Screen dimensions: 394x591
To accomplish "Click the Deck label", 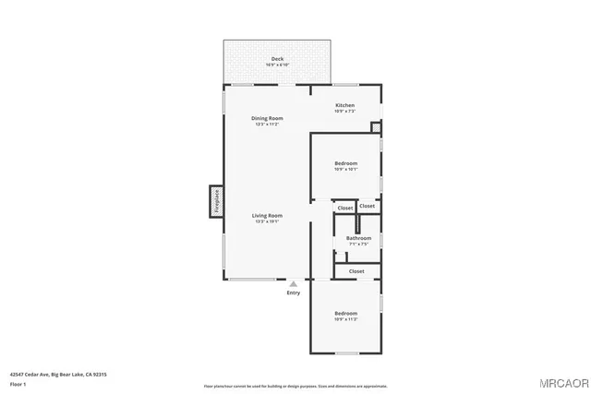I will pyautogui.click(x=277, y=59).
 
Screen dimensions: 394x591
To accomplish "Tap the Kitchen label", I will pyautogui.click(x=344, y=105).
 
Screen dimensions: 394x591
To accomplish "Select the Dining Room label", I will pyautogui.click(x=267, y=118).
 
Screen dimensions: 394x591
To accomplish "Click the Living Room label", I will pyautogui.click(x=267, y=215).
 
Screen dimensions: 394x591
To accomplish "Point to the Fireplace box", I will pyautogui.click(x=216, y=200).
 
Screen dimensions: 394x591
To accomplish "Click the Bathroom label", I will pyautogui.click(x=358, y=238).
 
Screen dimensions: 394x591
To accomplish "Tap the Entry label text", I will pyautogui.click(x=293, y=293).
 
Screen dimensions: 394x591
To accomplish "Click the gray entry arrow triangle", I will pyautogui.click(x=293, y=284).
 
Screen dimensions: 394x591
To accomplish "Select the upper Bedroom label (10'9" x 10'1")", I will pyautogui.click(x=344, y=164).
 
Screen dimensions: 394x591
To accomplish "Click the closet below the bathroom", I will pyautogui.click(x=356, y=271).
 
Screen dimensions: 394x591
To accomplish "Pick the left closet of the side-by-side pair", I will pyautogui.click(x=344, y=208).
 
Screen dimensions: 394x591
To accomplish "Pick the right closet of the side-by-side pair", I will pyautogui.click(x=368, y=206).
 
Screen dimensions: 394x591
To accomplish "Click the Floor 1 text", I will pyautogui.click(x=18, y=383).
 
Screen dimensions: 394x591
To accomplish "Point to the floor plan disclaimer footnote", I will pyautogui.click(x=295, y=386).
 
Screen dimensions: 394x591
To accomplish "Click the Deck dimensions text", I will pyautogui.click(x=277, y=65).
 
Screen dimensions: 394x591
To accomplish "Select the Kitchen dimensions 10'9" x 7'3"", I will pyautogui.click(x=344, y=111).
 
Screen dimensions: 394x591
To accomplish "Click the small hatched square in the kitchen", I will pyautogui.click(x=376, y=127).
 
